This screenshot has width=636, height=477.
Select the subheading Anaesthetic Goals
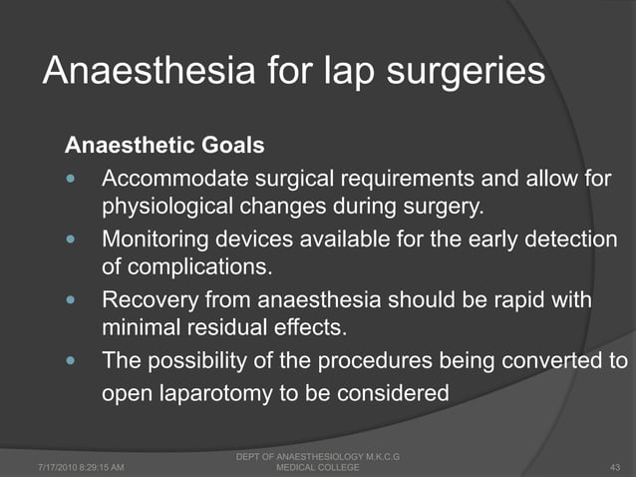(x=164, y=146)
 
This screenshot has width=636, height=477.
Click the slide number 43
(x=614, y=466)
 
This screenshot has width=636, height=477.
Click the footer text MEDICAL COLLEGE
(x=316, y=466)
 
